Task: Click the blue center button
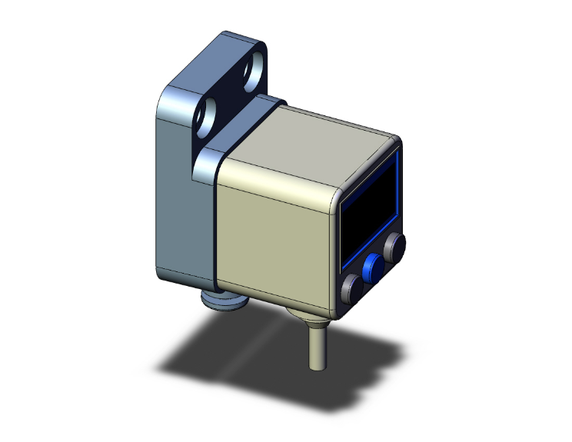pos(374,268)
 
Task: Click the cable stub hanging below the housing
pos(316,346)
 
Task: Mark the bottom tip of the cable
pos(315,367)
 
